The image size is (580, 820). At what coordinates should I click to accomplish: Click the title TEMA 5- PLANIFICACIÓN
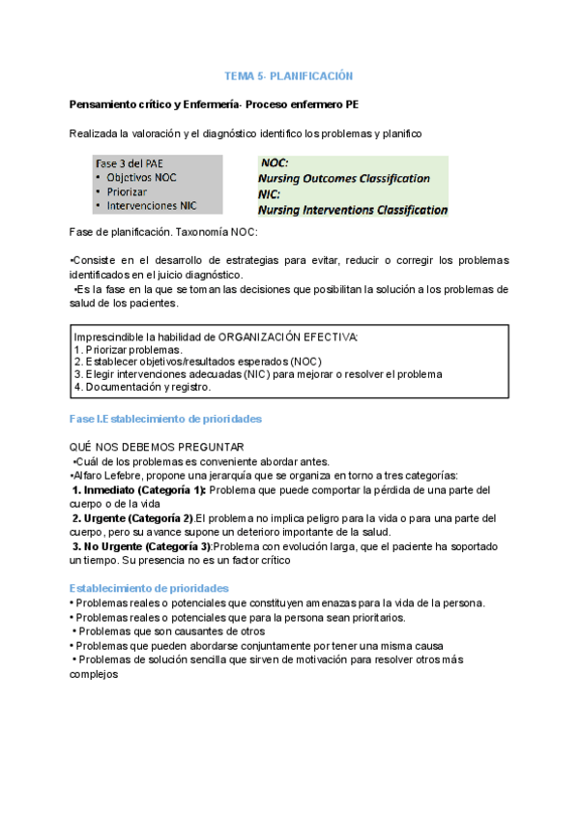pos(289,75)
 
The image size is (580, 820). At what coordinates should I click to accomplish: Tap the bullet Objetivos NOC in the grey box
pos(141,177)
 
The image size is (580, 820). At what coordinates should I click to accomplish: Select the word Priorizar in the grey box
pos(130,191)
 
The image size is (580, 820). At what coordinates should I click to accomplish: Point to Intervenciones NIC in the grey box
pos(152,205)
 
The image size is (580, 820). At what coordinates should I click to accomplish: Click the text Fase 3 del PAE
pos(130,162)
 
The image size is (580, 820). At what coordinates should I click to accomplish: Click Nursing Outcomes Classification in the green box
pos(343,178)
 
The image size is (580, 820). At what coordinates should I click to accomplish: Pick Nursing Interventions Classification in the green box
pos(352,209)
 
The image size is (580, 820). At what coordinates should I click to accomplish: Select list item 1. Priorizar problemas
pos(128,349)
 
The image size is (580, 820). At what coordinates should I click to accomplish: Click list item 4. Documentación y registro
pos(142,387)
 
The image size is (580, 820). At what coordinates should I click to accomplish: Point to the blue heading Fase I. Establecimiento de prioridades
pos(166,419)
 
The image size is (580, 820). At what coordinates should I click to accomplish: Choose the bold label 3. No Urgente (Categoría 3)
pos(147,546)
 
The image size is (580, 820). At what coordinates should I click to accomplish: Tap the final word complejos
pos(94,675)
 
